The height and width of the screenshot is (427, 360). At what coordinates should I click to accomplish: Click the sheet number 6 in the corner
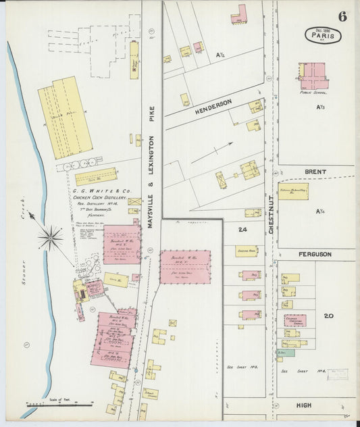pyautogui.click(x=342, y=17)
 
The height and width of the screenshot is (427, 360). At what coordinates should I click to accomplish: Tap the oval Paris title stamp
pyautogui.click(x=323, y=34)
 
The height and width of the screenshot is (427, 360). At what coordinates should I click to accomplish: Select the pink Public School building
pyautogui.click(x=312, y=77)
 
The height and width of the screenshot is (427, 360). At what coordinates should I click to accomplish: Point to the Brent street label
pyautogui.click(x=315, y=172)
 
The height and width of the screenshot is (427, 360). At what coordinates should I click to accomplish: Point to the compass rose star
pyautogui.click(x=51, y=237)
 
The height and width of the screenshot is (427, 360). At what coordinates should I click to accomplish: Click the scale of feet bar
pyautogui.click(x=59, y=404)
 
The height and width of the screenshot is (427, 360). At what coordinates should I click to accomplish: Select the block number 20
pyautogui.click(x=329, y=316)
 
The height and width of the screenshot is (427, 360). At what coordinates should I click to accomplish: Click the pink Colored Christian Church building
pyautogui.click(x=294, y=320)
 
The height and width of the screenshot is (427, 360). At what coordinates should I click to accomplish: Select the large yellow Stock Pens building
pyautogui.click(x=64, y=117)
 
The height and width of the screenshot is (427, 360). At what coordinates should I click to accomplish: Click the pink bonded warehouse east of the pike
pyautogui.click(x=185, y=266)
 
